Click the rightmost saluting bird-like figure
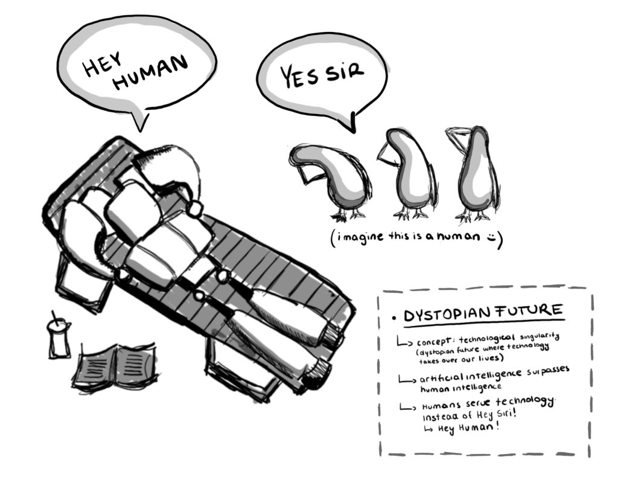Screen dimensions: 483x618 [x=475, y=172]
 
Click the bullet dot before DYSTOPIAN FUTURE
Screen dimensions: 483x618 [x=394, y=318]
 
